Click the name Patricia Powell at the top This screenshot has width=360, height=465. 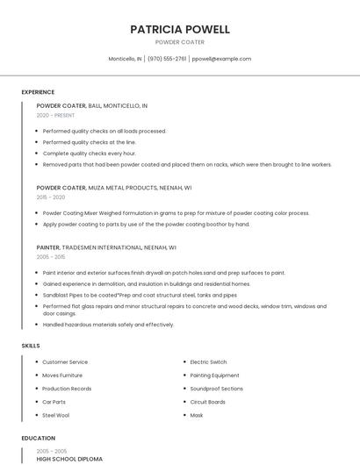[x=180, y=29]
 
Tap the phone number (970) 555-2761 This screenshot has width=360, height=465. [x=167, y=59]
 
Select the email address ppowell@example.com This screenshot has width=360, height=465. [x=221, y=59]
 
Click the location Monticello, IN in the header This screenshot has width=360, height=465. [x=125, y=59]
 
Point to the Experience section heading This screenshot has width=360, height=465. [x=38, y=92]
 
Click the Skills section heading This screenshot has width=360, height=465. [x=31, y=346]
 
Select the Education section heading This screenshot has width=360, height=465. [x=37, y=438]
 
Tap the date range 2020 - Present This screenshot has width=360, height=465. [x=55, y=115]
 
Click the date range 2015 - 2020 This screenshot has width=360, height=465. [x=51, y=197]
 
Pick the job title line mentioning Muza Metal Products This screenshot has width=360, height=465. [x=114, y=188]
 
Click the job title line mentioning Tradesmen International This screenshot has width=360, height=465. [x=106, y=247]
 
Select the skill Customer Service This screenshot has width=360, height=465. [x=65, y=361]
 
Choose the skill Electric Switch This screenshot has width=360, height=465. [x=208, y=361]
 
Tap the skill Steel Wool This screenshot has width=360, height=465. [x=55, y=415]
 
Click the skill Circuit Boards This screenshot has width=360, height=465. [x=207, y=402]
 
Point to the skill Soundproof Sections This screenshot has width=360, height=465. [x=216, y=389]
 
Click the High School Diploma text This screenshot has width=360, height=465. [x=69, y=459]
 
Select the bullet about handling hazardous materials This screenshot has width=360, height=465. [x=108, y=325]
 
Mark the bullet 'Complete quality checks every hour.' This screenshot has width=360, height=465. [x=89, y=153]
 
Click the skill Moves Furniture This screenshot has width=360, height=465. [x=62, y=375]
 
